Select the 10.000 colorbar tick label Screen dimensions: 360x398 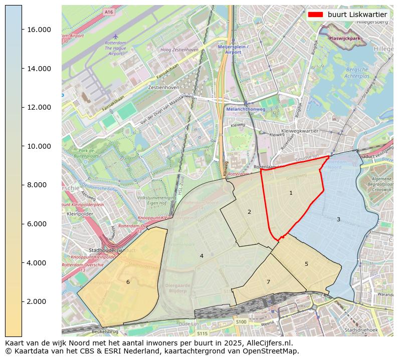coord(39,146)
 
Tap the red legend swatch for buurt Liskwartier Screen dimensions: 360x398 coord(315,15)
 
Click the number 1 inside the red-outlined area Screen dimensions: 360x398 coord(291,193)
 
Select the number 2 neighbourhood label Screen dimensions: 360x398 coord(249,212)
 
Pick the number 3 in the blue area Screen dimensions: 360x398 coord(338,219)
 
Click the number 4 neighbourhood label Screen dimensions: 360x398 coord(202,256)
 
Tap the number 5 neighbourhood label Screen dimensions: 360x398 coord(306,264)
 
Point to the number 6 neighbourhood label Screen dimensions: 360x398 coord(128,282)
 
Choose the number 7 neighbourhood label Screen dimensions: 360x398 coord(268,282)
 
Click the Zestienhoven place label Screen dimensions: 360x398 coord(163,87)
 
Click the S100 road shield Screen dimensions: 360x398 coord(241,322)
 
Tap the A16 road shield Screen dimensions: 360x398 coord(109,11)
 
